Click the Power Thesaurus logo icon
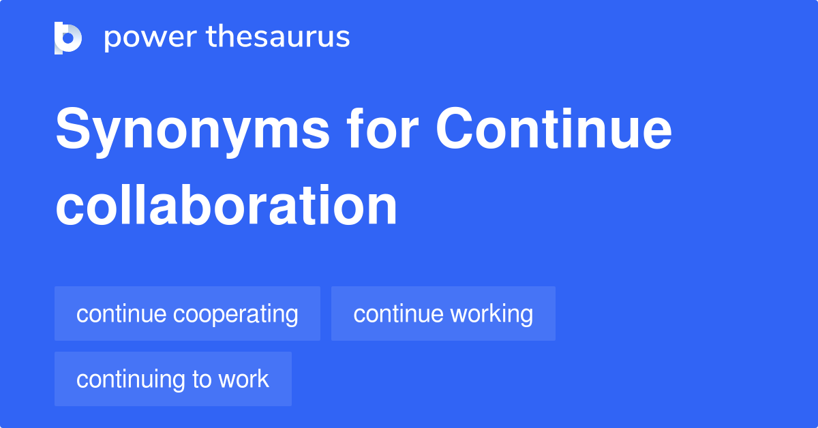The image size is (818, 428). click(x=67, y=37)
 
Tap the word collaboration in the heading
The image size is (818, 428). click(x=226, y=205)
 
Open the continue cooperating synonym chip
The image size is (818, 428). click(x=187, y=314)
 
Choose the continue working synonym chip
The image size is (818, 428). click(x=443, y=314)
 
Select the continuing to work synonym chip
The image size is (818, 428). click(x=173, y=379)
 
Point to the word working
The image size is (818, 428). click(x=490, y=314)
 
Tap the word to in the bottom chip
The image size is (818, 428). click(x=200, y=379)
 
